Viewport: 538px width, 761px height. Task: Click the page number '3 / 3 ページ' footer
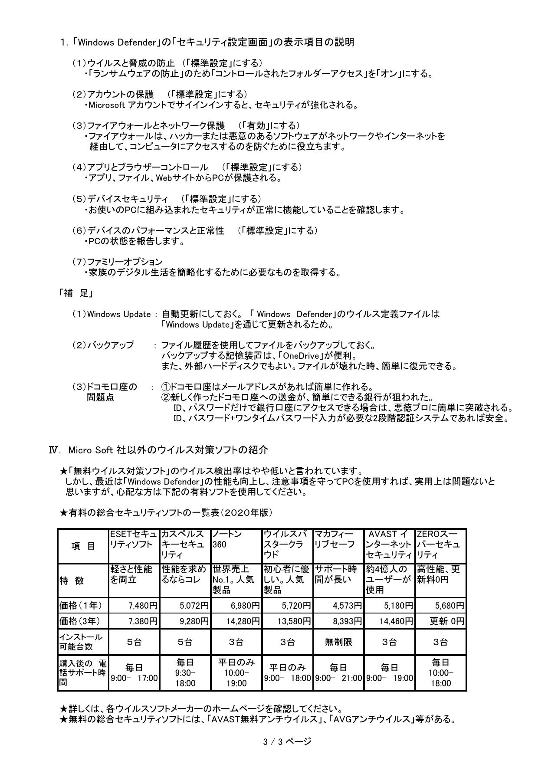[287, 741]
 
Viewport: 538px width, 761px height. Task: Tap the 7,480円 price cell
[134, 605]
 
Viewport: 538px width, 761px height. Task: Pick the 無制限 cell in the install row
[338, 642]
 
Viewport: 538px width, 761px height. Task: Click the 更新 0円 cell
[441, 621]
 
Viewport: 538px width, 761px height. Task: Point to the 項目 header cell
[83, 546]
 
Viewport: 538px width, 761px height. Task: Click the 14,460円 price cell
[390, 621]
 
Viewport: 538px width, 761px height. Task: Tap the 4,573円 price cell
[338, 605]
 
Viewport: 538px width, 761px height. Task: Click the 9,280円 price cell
[185, 621]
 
